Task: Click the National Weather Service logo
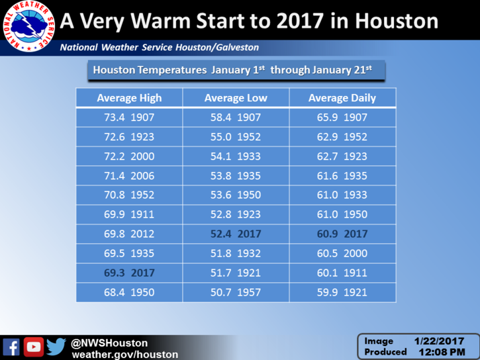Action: click(x=28, y=26)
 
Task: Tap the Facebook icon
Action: click(x=11, y=347)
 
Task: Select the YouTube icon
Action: click(x=34, y=347)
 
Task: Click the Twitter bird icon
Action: click(x=56, y=347)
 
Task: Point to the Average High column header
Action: click(x=129, y=98)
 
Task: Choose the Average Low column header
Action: click(x=236, y=98)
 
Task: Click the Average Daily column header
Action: click(x=342, y=98)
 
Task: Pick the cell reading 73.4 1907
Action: click(x=129, y=117)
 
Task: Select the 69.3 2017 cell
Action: click(x=129, y=273)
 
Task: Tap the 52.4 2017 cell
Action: click(x=236, y=234)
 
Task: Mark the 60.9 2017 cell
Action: click(x=342, y=234)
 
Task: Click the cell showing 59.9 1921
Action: click(x=342, y=292)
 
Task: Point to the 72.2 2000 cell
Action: click(x=129, y=156)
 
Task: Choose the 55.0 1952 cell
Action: click(x=236, y=137)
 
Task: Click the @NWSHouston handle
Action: click(x=109, y=343)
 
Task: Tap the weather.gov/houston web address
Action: click(x=125, y=355)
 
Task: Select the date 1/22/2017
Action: click(x=440, y=341)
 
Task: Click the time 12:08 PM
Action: click(x=442, y=352)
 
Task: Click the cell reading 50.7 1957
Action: click(x=236, y=292)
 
